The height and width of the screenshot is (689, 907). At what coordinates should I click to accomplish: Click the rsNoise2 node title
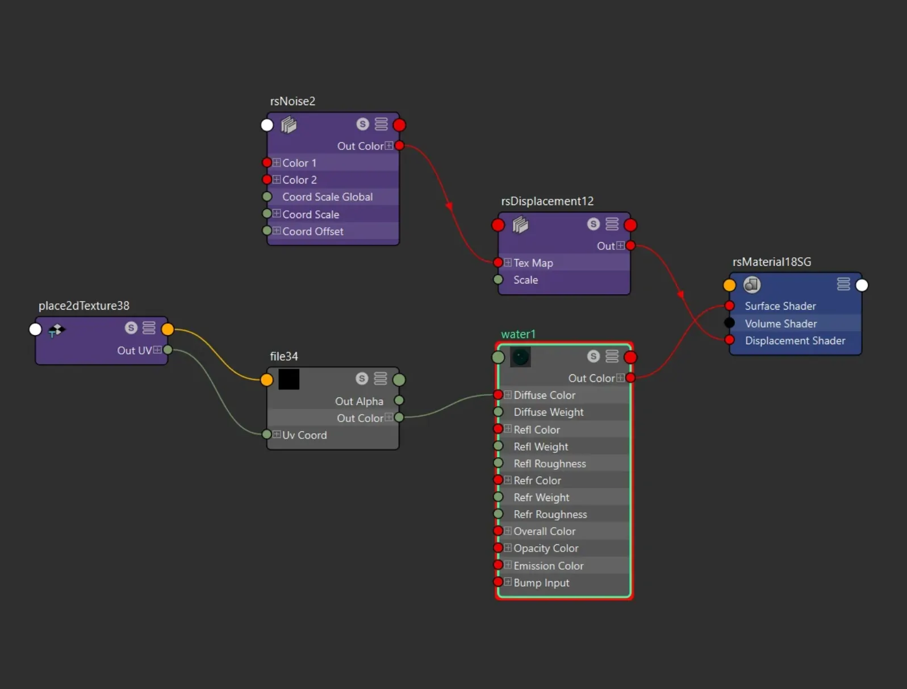(292, 101)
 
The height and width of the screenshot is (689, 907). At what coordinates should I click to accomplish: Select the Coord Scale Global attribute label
(327, 197)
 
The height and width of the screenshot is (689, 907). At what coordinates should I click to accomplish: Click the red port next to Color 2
(267, 179)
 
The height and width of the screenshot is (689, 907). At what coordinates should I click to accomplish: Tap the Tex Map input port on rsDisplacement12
(498, 263)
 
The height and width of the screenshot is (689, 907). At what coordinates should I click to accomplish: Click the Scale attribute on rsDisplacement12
(525, 280)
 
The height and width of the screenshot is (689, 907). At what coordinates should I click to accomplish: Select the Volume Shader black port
(729, 323)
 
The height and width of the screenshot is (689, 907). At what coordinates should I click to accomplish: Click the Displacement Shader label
(795, 341)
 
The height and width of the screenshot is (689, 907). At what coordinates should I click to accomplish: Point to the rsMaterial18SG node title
(772, 262)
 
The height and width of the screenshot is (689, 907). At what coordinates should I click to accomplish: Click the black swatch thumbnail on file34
(289, 379)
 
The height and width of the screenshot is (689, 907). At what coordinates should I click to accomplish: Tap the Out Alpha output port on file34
(399, 400)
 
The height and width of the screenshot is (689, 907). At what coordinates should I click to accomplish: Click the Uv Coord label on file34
(304, 435)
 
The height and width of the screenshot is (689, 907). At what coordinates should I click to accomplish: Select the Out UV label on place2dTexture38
(134, 350)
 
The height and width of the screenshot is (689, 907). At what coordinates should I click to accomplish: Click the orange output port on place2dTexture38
(168, 329)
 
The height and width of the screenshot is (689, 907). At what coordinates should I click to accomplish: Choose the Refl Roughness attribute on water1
(550, 464)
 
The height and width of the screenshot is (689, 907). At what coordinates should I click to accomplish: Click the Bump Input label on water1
(541, 583)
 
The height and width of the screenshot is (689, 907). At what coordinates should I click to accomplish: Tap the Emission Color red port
(498, 565)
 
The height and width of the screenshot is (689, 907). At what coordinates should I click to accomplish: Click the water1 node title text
(518, 334)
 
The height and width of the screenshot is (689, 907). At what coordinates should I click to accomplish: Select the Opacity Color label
(546, 549)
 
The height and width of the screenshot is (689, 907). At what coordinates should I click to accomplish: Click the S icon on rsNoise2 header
(362, 124)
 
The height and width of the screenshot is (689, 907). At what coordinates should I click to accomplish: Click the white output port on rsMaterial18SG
(862, 285)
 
